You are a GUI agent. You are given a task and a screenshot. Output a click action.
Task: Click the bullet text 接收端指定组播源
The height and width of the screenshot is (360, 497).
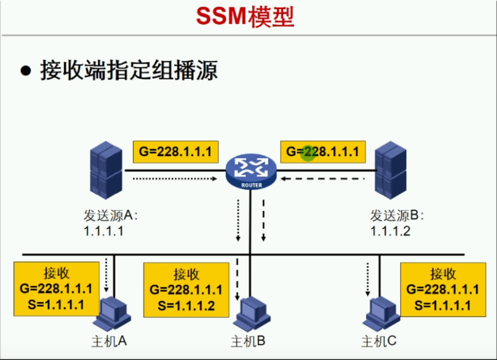129,71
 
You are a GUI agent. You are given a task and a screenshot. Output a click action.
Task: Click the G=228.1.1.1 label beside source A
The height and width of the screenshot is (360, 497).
175,152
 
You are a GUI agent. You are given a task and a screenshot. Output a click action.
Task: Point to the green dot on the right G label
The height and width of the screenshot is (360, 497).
308,153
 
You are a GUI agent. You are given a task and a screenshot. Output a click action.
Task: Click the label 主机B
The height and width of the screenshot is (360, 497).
248,341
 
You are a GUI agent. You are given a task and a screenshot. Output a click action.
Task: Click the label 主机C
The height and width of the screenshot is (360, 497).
379,341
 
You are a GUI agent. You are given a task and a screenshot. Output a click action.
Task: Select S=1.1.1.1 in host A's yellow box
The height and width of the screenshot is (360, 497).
56,304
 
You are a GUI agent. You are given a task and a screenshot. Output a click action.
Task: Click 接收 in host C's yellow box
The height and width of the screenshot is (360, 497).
443,273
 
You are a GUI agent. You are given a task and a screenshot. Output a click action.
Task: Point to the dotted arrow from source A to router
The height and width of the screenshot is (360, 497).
174,179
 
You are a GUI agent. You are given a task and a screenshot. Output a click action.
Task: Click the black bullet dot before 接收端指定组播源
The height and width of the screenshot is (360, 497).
25,71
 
